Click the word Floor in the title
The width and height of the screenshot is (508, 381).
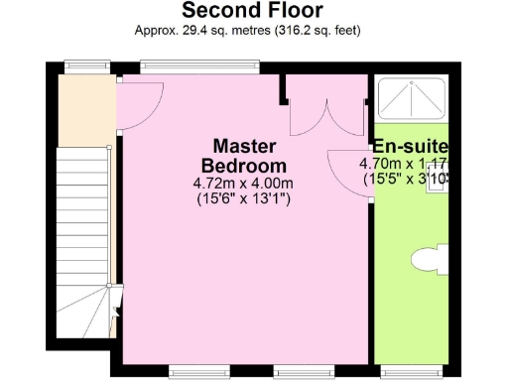(293, 11)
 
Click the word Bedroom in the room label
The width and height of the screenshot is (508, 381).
(243, 166)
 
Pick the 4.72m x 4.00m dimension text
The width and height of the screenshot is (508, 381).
(243, 183)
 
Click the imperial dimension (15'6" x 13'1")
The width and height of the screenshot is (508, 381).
(243, 198)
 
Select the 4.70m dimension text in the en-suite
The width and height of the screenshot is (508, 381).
(381, 165)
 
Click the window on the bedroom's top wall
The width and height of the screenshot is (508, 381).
(199, 66)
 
